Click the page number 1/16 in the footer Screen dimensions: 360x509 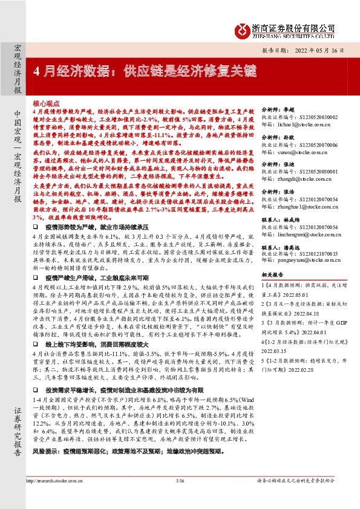[180, 498]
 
